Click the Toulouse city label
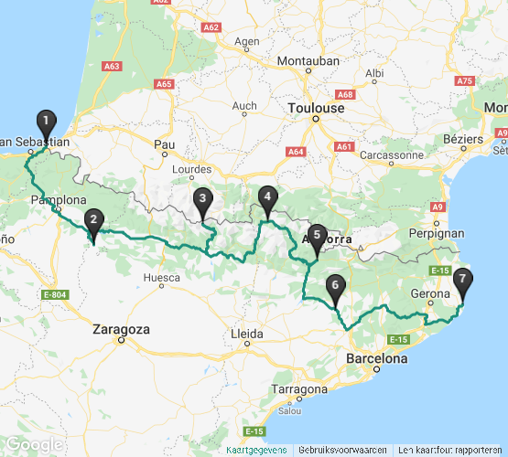(316, 108)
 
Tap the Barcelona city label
(376, 359)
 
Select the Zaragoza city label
(121, 329)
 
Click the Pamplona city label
(59, 200)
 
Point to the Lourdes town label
(192, 170)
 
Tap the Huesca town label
(162, 276)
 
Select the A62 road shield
(211, 28)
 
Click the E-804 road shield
(56, 294)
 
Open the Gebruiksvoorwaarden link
(342, 450)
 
